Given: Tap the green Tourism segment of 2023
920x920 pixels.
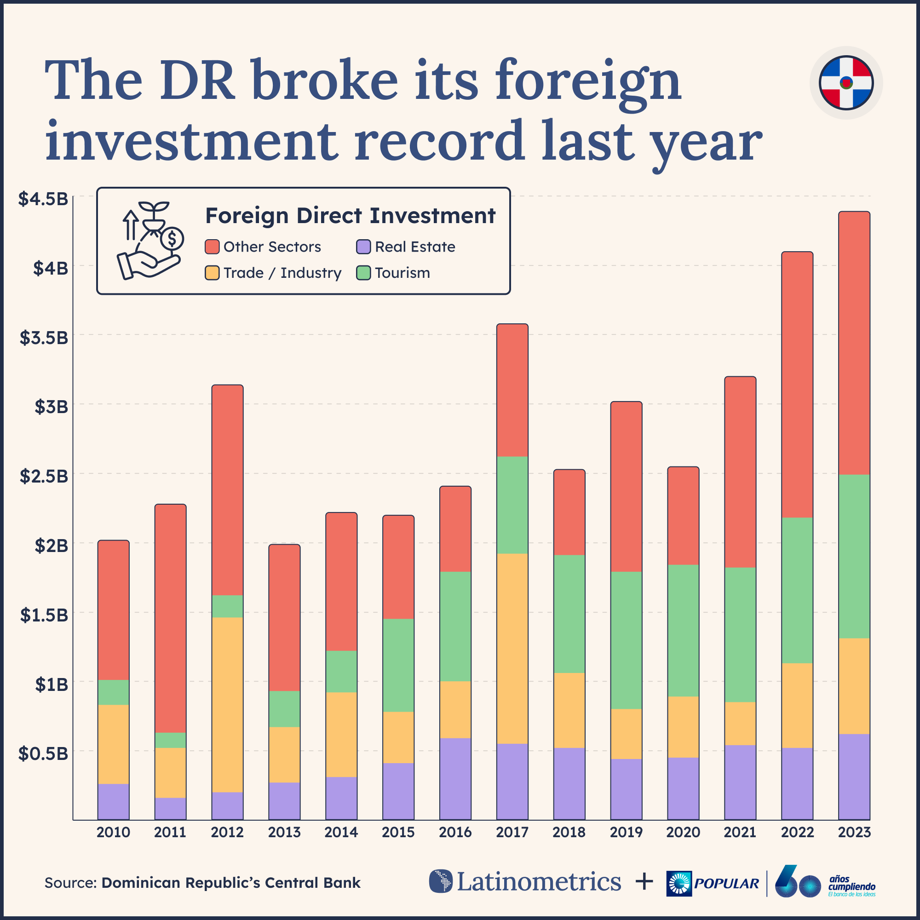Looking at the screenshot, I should (x=854, y=556).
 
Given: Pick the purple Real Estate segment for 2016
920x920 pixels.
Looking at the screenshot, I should (x=455, y=779).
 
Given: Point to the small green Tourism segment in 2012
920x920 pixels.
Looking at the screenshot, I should (x=227, y=606).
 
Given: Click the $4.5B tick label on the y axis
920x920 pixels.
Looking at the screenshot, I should (x=43, y=199).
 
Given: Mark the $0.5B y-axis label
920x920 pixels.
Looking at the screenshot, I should (x=43, y=753).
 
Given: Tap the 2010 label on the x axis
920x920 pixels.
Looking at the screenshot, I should (x=113, y=833).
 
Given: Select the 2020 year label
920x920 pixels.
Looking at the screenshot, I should (x=683, y=833).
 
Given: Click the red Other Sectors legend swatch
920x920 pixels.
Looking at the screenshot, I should (x=212, y=247).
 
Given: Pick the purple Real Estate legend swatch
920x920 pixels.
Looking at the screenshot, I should (x=363, y=247).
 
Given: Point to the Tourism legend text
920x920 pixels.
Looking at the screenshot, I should (x=402, y=273).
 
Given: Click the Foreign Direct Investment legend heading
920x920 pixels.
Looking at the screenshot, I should (x=350, y=216).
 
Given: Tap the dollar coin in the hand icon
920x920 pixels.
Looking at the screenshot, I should (x=172, y=238).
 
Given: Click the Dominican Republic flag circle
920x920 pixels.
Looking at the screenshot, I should (x=846, y=83).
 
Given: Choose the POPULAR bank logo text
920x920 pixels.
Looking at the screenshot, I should (x=726, y=884).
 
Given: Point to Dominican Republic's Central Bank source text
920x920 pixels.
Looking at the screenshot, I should (x=231, y=883).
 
